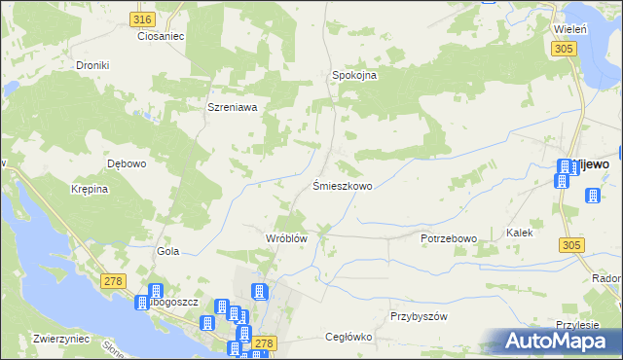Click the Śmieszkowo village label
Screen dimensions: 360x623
coord(342,185)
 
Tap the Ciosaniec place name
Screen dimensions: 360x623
coord(161,36)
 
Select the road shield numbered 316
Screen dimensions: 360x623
coord(142,19)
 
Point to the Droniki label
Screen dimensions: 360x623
coord(92,65)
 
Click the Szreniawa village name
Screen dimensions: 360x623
coord(232,108)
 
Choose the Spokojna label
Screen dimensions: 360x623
coord(354,75)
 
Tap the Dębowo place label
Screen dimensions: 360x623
coord(127,163)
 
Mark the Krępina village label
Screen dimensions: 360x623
coord(89,190)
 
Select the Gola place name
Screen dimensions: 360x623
coord(168,251)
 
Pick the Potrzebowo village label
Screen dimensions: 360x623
coord(449,238)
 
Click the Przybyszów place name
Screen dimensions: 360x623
coord(418,317)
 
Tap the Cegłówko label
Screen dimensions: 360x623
coord(349,338)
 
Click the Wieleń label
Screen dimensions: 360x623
coord(569,30)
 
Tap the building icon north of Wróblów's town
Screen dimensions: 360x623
coord(260,291)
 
